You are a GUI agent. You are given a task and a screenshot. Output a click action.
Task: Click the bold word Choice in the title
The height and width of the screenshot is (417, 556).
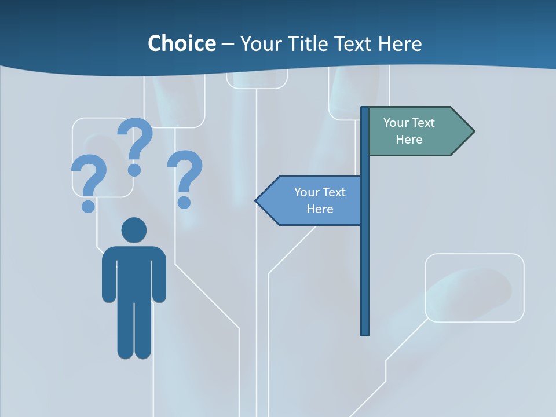coord(181,43)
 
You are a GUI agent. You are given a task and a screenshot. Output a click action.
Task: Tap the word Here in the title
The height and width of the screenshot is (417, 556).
coord(399,43)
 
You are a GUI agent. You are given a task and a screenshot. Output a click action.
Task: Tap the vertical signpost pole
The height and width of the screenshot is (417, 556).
coord(365,261)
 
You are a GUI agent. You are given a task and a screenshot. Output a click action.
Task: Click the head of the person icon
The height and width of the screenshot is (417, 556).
coord(134,230)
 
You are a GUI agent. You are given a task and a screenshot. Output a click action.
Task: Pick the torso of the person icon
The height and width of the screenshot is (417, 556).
coord(134,272)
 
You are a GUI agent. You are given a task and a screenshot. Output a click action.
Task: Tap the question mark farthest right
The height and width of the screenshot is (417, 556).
coord(185,177)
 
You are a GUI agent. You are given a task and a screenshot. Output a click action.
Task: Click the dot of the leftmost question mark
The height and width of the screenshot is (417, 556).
coord(88,206)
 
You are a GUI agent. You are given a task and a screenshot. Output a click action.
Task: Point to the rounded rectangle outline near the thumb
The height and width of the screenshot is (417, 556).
coord(474,287)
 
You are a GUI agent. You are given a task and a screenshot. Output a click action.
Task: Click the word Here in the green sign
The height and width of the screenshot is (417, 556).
coord(409,140)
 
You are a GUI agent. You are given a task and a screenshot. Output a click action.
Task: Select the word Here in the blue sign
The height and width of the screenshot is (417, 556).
coord(320,209)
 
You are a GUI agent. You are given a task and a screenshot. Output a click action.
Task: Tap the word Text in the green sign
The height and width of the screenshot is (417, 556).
coord(423,123)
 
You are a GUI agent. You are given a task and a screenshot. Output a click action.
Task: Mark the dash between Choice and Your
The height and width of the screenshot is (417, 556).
coord(228,44)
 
